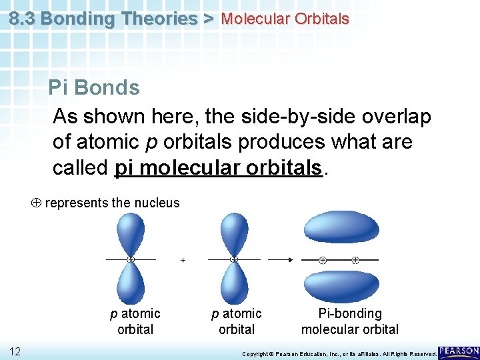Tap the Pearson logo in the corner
point(459,351)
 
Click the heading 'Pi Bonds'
point(94,88)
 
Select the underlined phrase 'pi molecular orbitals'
point(219,167)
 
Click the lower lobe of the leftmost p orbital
point(131,283)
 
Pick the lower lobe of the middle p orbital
point(233,283)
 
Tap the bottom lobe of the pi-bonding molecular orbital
point(341,287)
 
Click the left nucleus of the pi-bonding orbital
point(323,260)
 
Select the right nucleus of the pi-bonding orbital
point(355,260)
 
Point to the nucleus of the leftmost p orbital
point(131,259)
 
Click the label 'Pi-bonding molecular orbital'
point(350,321)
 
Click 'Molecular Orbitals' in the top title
point(285,19)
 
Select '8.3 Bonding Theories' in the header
point(104,19)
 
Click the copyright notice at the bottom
point(339,353)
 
